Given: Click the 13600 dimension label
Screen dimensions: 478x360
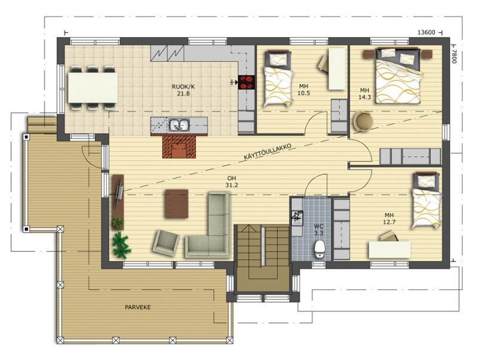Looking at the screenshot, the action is (x=426, y=33).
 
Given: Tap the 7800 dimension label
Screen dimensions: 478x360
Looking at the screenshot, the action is (x=454, y=56).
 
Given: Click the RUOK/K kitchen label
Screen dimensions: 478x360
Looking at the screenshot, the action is (x=183, y=87).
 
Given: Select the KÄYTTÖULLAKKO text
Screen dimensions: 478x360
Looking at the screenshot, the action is (x=268, y=152).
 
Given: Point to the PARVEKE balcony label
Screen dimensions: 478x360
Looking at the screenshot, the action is (x=138, y=307).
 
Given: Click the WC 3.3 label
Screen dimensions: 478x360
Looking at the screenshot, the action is (x=318, y=230).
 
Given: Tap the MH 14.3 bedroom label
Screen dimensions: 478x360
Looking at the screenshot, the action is (x=364, y=94).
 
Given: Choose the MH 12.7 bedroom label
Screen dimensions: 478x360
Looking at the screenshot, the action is (x=389, y=219).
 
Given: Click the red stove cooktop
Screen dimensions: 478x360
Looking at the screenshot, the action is (x=247, y=82).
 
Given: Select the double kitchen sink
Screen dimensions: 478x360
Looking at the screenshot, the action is (x=179, y=125).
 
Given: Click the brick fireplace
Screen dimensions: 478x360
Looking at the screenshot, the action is (x=179, y=146).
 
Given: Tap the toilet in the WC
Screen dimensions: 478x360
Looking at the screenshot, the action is (x=319, y=249).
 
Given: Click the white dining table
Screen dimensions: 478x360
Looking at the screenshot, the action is (x=93, y=87).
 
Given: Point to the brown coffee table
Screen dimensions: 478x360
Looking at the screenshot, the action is (x=176, y=204).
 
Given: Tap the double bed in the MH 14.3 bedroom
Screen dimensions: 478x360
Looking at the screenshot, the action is (x=399, y=76).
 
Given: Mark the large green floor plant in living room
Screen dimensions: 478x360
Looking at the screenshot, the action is (x=121, y=244).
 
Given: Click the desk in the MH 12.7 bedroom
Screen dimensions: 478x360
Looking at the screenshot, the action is (x=390, y=250).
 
